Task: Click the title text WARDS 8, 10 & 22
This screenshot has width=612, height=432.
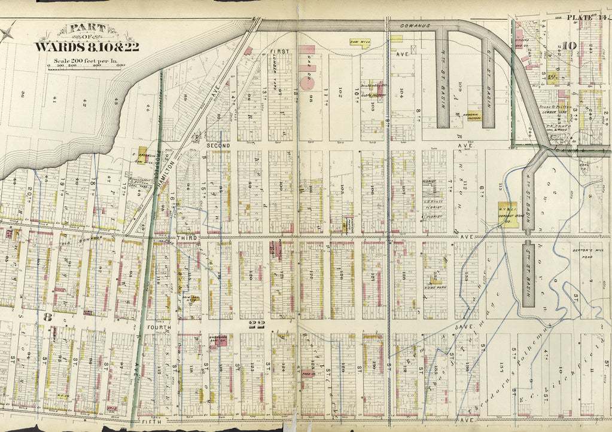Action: (x=87, y=47)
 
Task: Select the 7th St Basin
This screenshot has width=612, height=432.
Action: (x=442, y=78)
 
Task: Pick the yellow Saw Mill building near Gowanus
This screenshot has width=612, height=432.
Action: (x=358, y=42)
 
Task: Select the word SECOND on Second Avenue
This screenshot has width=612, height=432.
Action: (x=218, y=145)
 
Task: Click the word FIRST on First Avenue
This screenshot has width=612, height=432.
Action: (x=279, y=52)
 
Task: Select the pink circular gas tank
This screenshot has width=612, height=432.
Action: (x=306, y=82)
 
